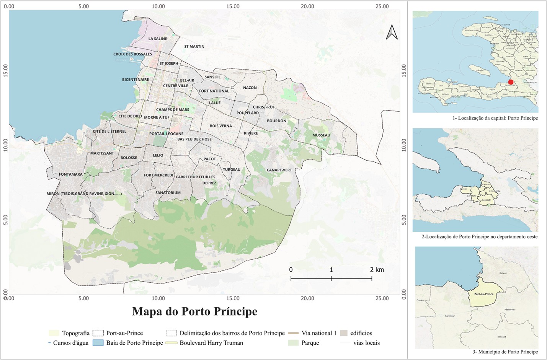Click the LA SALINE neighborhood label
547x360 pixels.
(x=158, y=39)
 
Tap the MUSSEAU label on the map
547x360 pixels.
(x=321, y=135)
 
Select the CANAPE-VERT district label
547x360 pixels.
(x=279, y=170)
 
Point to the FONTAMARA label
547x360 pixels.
(x=70, y=174)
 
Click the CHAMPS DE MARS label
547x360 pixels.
(x=172, y=109)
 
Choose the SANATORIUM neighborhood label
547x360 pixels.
(x=168, y=192)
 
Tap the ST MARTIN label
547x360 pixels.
(x=194, y=46)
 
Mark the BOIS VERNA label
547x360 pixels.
(x=221, y=125)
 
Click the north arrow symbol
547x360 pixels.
(x=392, y=32)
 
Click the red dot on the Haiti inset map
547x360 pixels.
(x=510, y=82)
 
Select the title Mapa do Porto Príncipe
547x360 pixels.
(x=194, y=311)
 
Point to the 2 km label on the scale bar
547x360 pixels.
(x=377, y=270)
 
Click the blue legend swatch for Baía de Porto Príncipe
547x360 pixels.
(x=98, y=343)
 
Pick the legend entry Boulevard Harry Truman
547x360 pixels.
(x=211, y=343)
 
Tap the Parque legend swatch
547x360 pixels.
(x=293, y=343)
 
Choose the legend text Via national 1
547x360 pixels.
(x=318, y=333)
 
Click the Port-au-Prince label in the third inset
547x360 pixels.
(x=484, y=294)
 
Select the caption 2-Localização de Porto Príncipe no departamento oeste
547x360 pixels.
(x=479, y=236)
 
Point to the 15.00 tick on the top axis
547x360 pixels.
(x=233, y=6)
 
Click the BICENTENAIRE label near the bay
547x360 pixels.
(x=136, y=80)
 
